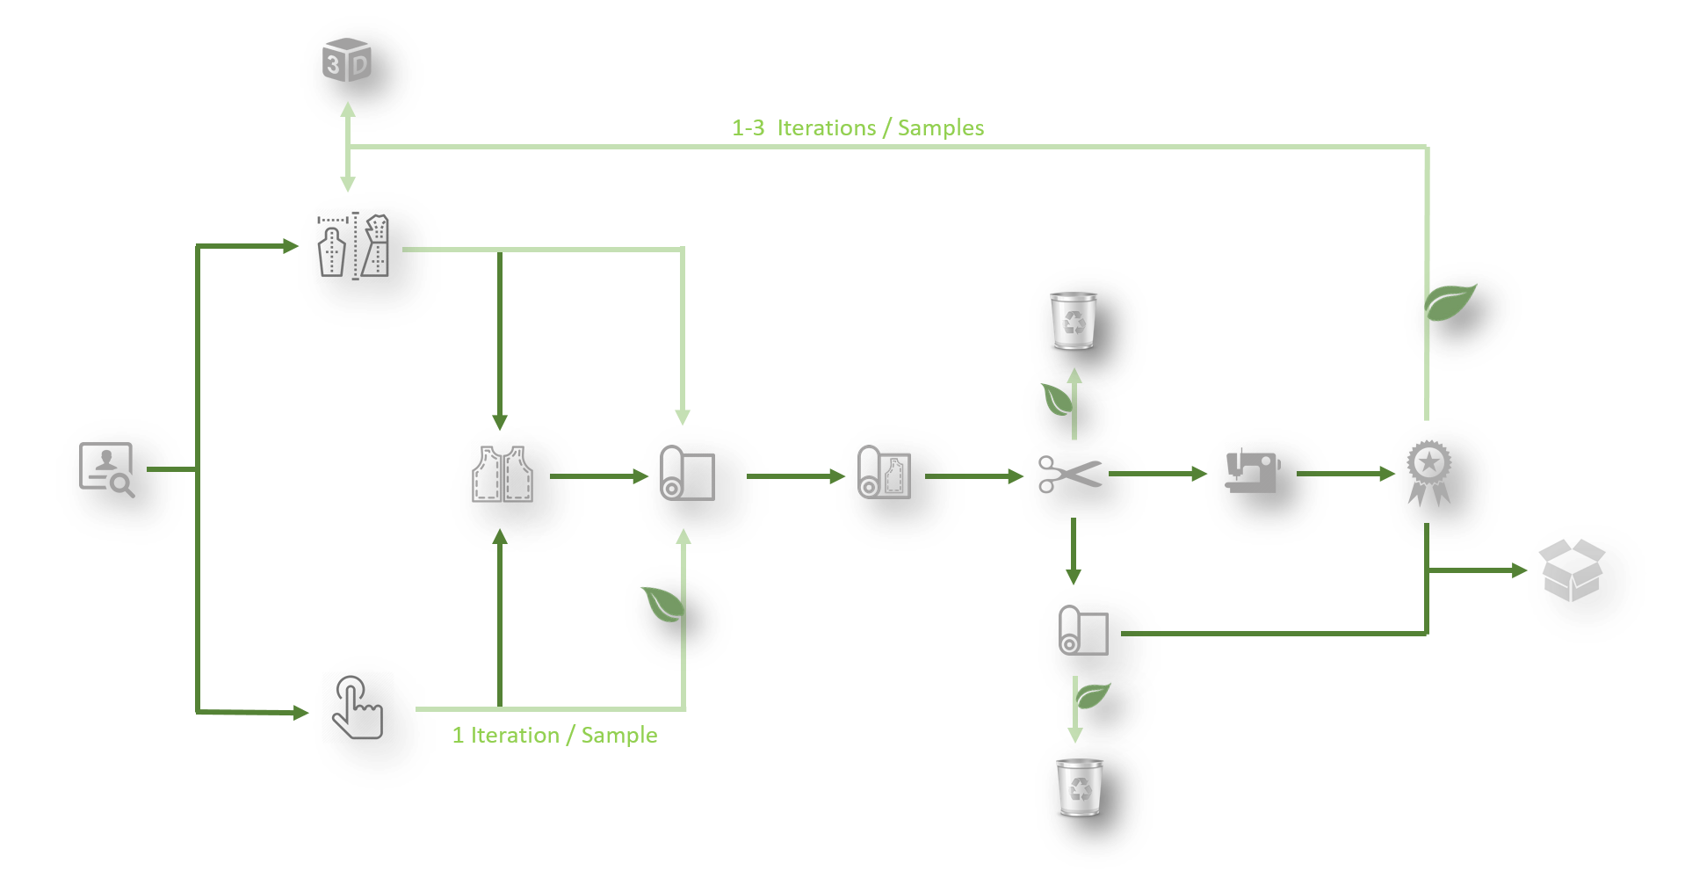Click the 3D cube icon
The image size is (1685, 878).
click(348, 64)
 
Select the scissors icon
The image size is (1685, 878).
click(1069, 475)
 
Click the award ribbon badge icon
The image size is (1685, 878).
click(1428, 473)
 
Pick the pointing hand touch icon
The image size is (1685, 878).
click(357, 707)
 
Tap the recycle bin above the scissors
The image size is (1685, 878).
click(1074, 320)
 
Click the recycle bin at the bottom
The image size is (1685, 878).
click(1080, 787)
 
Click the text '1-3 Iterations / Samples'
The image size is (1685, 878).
click(857, 128)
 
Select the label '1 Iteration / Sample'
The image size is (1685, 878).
click(554, 736)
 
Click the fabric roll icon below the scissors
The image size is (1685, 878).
click(1083, 629)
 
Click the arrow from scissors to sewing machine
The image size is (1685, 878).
click(1158, 474)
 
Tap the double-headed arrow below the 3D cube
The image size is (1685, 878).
click(348, 147)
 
